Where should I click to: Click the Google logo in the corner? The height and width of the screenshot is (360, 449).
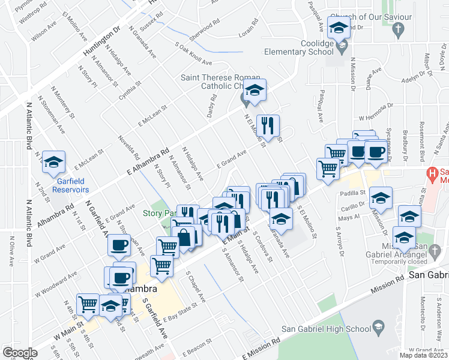pyautogui.click(x=20, y=353)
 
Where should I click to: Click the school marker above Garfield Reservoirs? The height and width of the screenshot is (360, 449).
pyautogui.click(x=54, y=161)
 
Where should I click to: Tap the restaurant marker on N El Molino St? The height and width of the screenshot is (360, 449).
pyautogui.click(x=268, y=125)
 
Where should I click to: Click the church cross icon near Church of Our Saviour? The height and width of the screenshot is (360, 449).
pyautogui.click(x=397, y=28)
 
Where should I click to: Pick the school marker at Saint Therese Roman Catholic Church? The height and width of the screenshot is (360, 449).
pyautogui.click(x=256, y=91)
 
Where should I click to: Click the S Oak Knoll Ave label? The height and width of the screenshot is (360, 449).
pyautogui.click(x=194, y=55)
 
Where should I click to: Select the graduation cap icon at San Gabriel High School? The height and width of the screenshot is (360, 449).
pyautogui.click(x=379, y=327)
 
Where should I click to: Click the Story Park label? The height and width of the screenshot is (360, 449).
pyautogui.click(x=157, y=213)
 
